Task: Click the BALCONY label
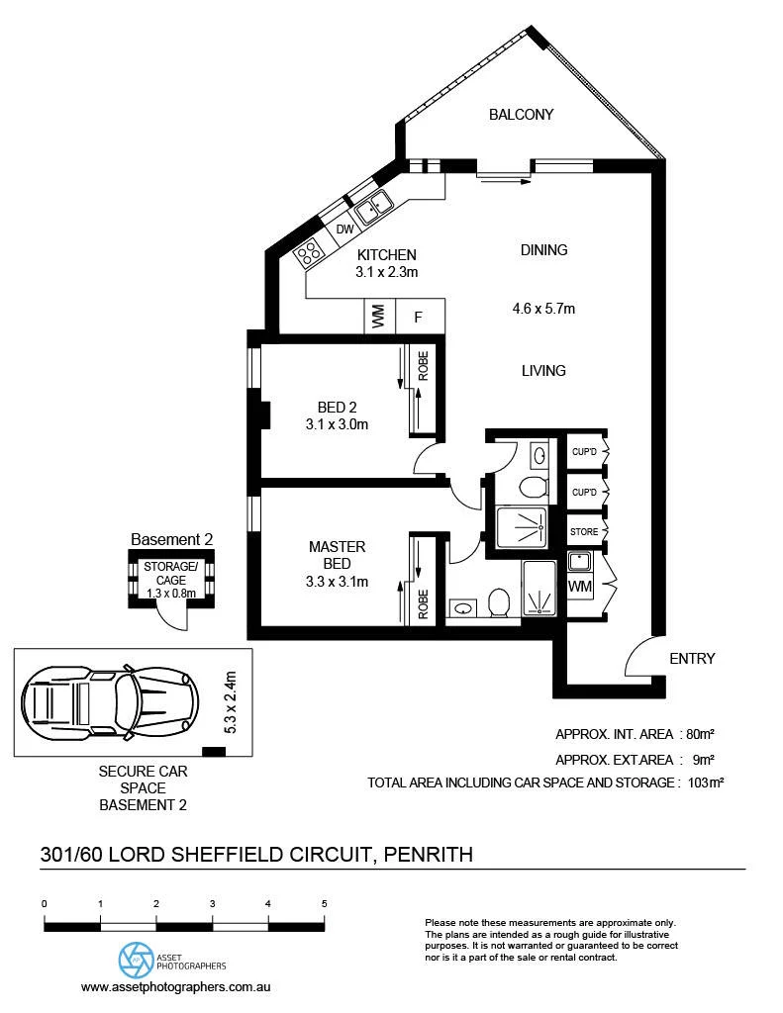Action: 521,115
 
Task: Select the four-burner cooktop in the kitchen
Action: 309,252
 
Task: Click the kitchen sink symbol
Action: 373,207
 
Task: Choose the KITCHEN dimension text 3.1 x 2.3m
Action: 387,272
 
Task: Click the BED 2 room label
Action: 337,408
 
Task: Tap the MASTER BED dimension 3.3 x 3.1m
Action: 337,582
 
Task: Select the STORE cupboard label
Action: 584,531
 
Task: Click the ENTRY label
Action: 692,658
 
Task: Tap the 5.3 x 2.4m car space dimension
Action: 231,702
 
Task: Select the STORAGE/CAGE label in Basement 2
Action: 170,573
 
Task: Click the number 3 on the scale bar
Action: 212,904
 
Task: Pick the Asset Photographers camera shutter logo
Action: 137,961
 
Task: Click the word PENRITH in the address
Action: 428,855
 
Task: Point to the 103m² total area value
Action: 706,783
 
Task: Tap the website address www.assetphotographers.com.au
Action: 176,987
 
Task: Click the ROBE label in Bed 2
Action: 423,366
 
